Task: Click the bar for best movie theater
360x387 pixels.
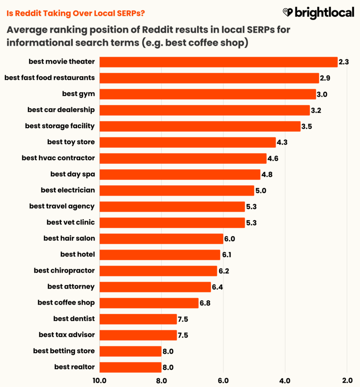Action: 218,62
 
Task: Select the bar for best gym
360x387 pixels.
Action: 207,94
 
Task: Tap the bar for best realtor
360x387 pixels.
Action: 130,367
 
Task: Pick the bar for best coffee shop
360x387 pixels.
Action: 149,303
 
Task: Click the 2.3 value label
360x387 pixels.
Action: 344,62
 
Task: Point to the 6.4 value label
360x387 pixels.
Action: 218,287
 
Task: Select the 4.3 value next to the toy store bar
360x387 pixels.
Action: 283,142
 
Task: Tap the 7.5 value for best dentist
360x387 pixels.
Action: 183,319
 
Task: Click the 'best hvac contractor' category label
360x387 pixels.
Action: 58,158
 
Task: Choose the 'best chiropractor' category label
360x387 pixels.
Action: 64,271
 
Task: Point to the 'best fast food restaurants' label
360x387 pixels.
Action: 49,77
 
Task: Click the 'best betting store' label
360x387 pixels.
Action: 64,351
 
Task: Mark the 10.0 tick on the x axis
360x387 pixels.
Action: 99,381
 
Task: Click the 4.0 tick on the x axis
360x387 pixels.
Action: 285,381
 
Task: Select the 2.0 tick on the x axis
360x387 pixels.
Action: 347,381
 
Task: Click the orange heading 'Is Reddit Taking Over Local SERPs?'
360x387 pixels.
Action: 76,13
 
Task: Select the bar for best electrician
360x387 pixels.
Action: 177,191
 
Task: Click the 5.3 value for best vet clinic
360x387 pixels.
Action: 251,223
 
